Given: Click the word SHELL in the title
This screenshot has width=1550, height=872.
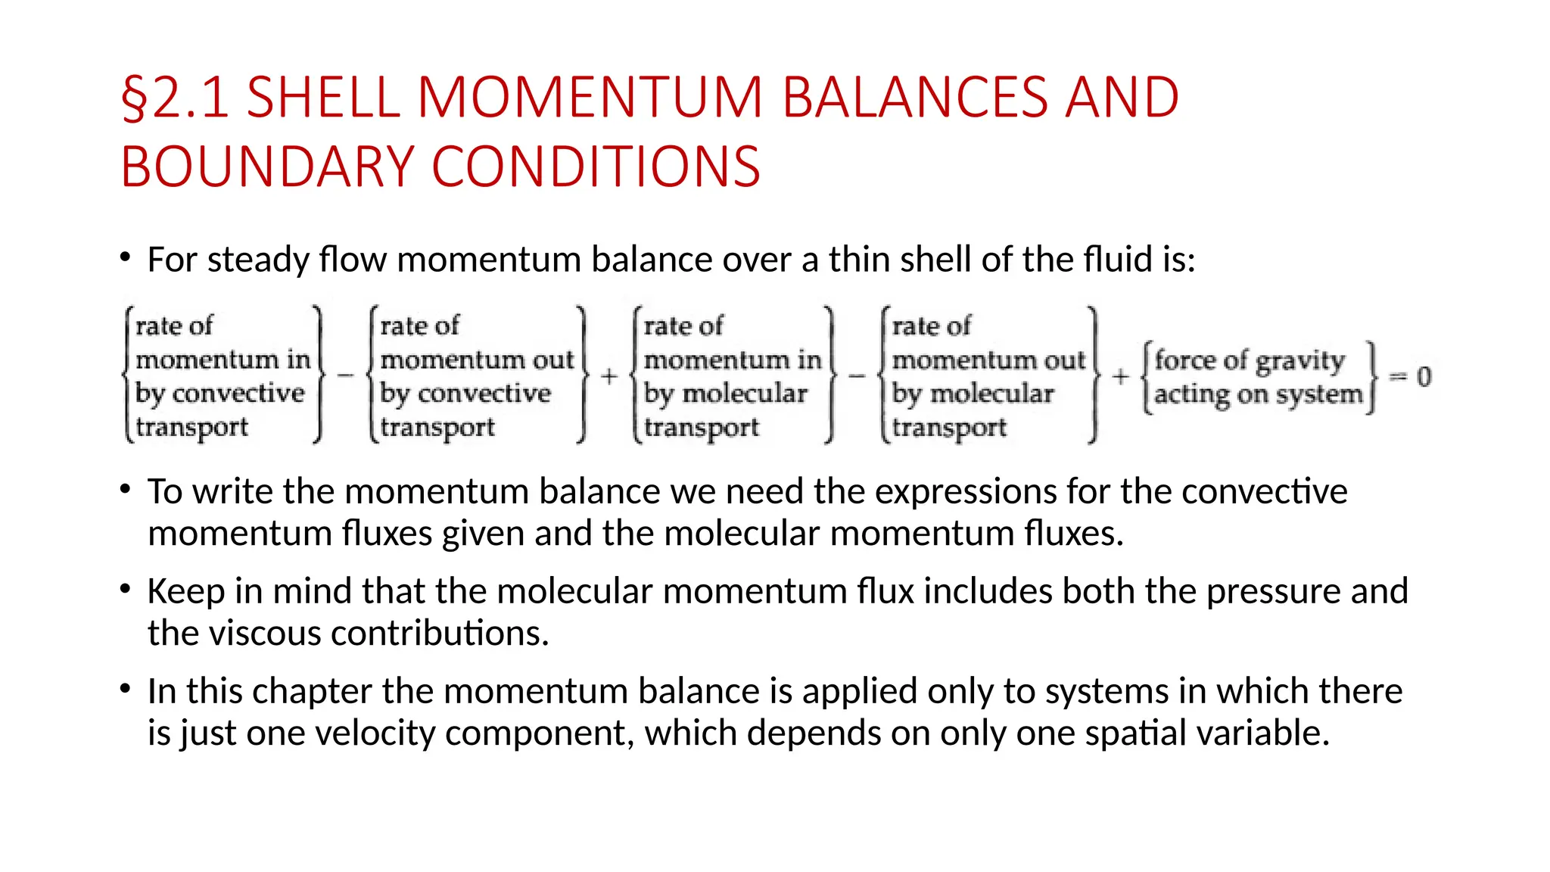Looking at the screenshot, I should click(x=323, y=98).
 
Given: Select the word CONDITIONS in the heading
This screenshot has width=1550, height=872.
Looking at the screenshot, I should click(x=596, y=167).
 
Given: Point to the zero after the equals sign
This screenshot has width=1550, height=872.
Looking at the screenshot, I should click(x=1424, y=376).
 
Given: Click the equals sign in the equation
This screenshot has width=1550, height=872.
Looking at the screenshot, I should click(x=1398, y=376).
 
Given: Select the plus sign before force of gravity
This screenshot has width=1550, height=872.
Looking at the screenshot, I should click(x=1121, y=376).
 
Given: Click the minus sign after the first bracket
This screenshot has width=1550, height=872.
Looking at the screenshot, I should click(x=345, y=375).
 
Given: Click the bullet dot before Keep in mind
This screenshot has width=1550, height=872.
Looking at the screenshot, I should click(x=126, y=589).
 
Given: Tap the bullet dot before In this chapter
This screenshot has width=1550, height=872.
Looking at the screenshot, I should click(x=126, y=689).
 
